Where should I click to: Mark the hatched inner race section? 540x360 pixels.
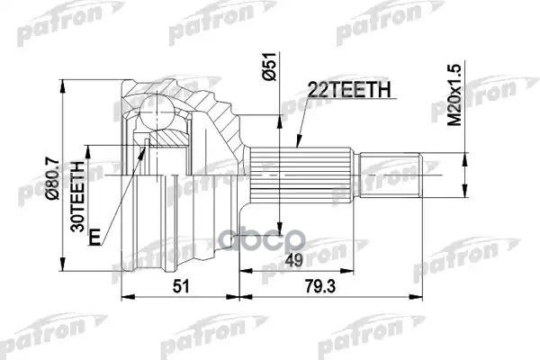(x=171, y=138)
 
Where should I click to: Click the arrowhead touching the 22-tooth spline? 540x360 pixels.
(x=298, y=144)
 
